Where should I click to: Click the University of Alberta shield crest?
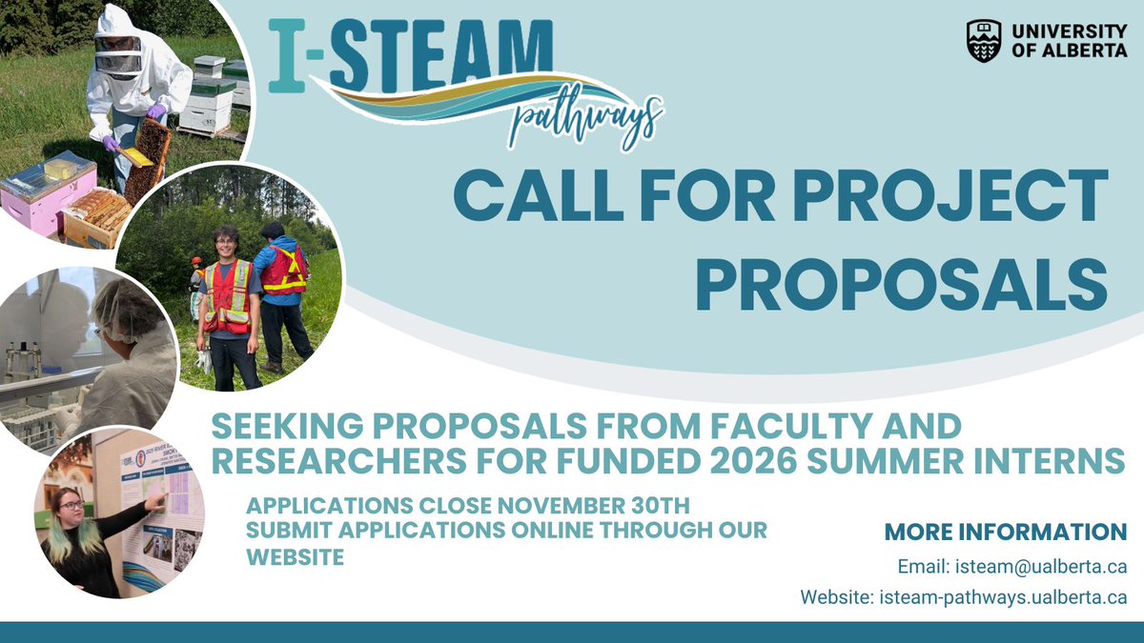click(x=984, y=41)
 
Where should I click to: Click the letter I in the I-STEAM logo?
click(x=284, y=56)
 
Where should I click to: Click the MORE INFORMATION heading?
click(x=1005, y=532)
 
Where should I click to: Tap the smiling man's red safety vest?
click(x=229, y=296)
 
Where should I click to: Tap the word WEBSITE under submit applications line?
click(x=296, y=557)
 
